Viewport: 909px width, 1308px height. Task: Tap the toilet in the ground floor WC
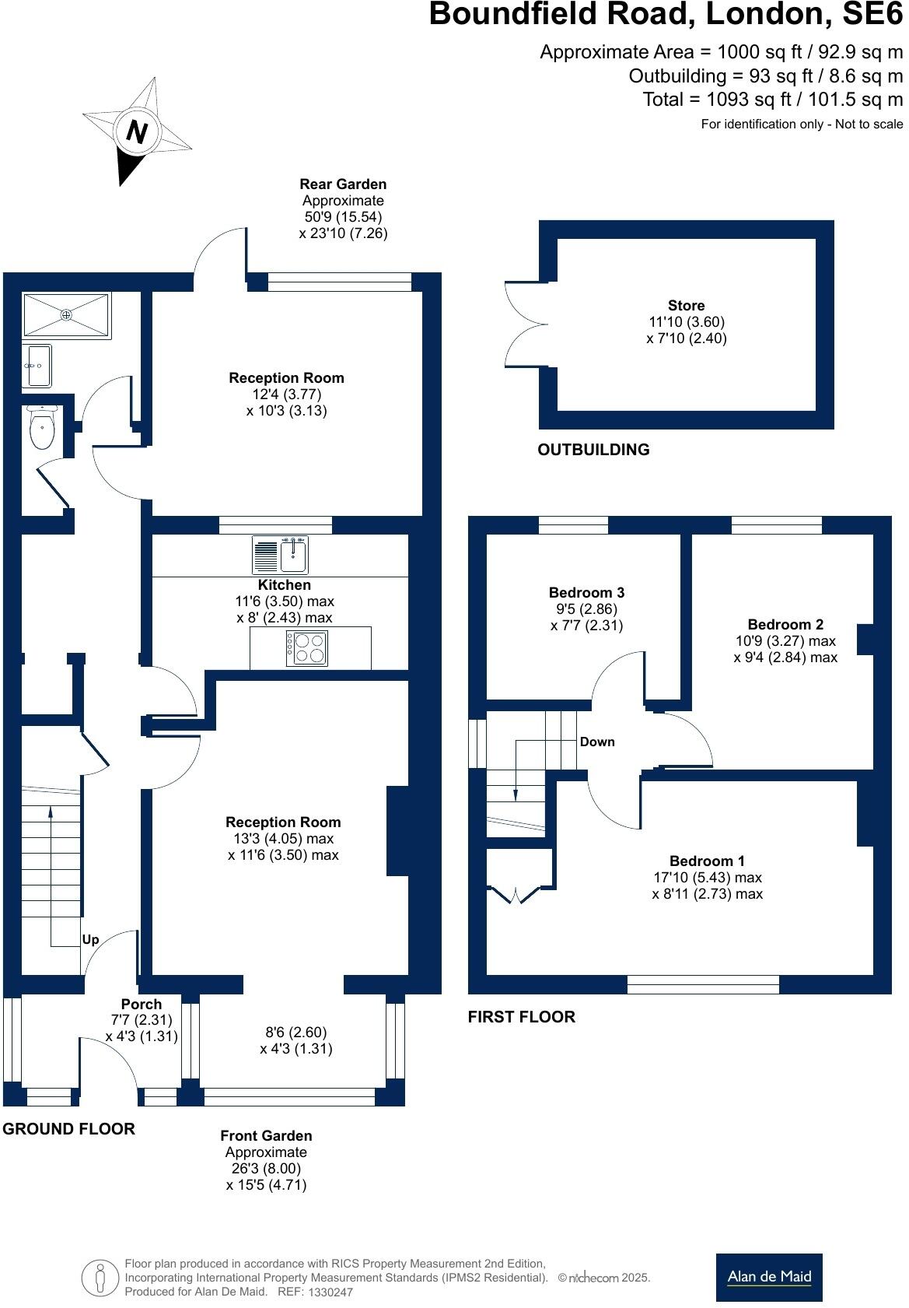tap(40, 429)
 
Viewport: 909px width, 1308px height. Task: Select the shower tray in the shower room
tap(66, 315)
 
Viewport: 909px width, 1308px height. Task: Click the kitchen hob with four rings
tap(307, 648)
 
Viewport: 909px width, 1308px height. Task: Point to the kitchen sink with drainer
tap(281, 555)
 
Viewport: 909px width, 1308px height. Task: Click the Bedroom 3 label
tap(586, 593)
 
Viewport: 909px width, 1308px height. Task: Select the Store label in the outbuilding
tap(686, 306)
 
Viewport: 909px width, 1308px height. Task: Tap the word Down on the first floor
tap(597, 742)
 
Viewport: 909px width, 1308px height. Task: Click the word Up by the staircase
tap(90, 940)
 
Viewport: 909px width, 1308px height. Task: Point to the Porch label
tap(142, 1005)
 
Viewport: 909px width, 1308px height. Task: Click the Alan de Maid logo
tap(768, 1277)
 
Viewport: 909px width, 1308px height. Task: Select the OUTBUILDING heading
tap(593, 450)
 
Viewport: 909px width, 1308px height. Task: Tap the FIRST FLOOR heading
tap(521, 1017)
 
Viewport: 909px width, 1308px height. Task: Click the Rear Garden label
tap(343, 184)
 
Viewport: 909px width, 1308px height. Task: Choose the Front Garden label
tap(266, 1136)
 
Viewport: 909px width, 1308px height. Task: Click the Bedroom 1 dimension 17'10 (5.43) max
tap(707, 878)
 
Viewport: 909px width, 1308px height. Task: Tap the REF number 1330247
tap(330, 1292)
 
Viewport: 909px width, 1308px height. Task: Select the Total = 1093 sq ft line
tap(772, 100)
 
